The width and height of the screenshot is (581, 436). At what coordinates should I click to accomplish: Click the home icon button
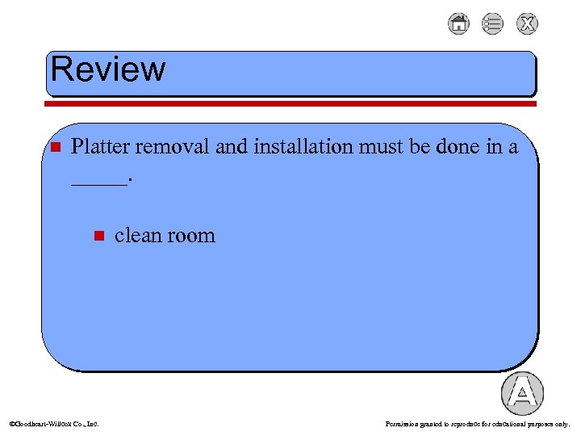[458, 24]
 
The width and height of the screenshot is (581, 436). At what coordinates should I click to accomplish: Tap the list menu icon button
[492, 24]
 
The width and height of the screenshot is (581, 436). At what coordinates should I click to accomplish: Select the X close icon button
[527, 24]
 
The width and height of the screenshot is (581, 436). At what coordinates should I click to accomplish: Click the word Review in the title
[108, 69]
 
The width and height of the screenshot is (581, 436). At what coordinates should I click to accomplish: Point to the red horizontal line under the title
[290, 103]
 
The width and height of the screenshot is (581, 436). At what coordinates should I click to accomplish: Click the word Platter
[101, 147]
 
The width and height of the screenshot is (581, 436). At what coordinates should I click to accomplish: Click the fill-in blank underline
[98, 184]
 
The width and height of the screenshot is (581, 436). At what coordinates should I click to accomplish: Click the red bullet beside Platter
[55, 148]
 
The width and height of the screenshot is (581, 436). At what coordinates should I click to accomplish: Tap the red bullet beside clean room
[98, 236]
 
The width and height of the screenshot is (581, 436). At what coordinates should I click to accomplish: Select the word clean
[137, 236]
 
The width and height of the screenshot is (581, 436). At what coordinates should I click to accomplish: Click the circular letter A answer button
[522, 394]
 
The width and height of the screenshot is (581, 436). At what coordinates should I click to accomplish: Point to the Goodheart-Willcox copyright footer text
[53, 423]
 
